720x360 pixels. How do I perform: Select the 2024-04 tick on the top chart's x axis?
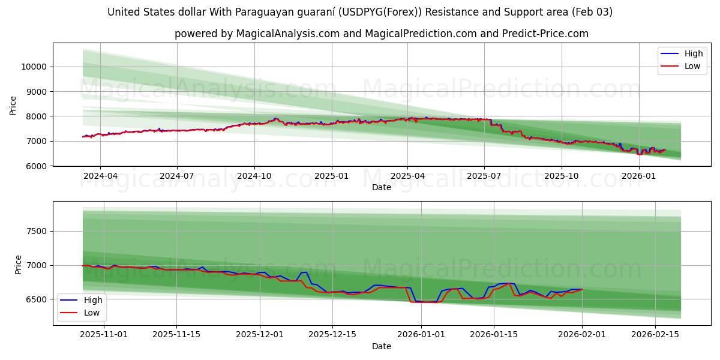pyautogui.click(x=100, y=176)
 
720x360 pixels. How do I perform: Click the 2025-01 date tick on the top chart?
pyautogui.click(x=331, y=176)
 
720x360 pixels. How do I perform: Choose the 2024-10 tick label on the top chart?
pyautogui.click(x=254, y=176)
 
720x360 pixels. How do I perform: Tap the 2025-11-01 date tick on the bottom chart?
pyautogui.click(x=104, y=335)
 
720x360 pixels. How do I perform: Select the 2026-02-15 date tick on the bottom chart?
pyautogui.click(x=655, y=335)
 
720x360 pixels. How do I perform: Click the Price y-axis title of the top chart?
pyautogui.click(x=13, y=106)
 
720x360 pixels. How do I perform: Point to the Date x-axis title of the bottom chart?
pyautogui.click(x=382, y=346)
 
